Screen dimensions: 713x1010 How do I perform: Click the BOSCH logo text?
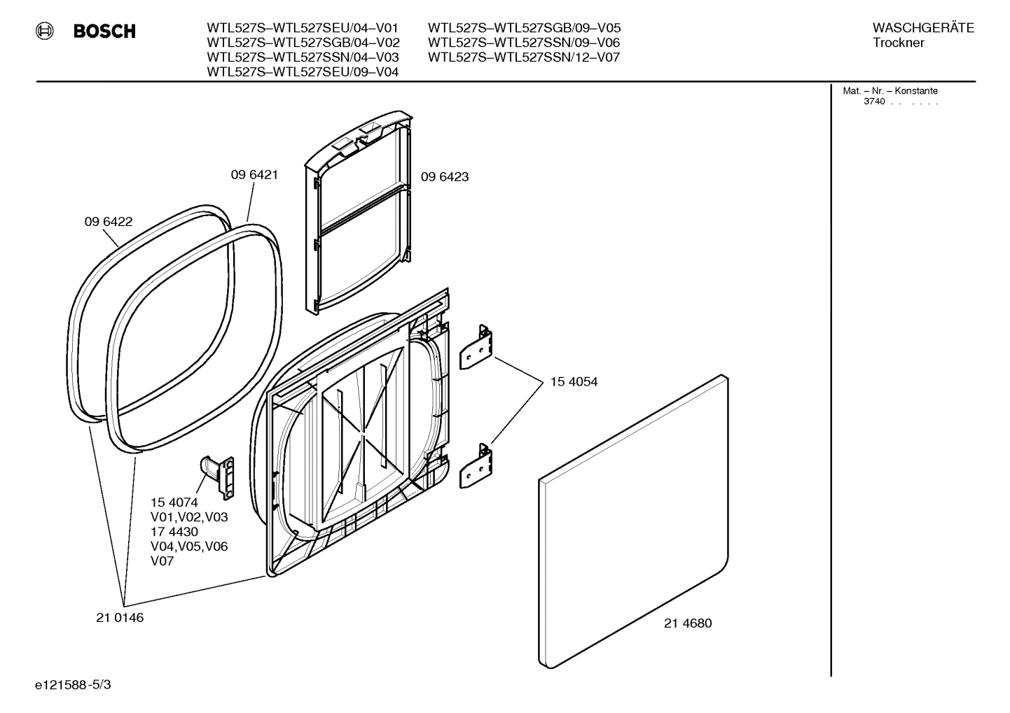104,31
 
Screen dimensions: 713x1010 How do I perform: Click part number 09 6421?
254,175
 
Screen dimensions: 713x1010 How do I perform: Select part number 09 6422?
109,222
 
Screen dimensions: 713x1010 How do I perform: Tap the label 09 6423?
445,177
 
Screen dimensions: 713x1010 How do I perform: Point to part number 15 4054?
574,382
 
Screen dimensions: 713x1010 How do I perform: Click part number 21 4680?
688,623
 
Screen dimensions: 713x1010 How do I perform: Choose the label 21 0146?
120,618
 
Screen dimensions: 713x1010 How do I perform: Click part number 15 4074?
174,502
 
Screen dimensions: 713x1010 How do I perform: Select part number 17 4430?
174,532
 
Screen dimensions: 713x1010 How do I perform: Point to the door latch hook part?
217,475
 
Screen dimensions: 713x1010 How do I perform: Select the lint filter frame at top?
359,210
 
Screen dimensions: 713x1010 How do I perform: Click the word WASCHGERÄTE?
923,28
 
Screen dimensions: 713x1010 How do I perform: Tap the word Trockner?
898,43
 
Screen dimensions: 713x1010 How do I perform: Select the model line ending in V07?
524,57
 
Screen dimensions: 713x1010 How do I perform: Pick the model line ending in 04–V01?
303,28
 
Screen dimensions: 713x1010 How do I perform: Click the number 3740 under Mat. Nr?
874,101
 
